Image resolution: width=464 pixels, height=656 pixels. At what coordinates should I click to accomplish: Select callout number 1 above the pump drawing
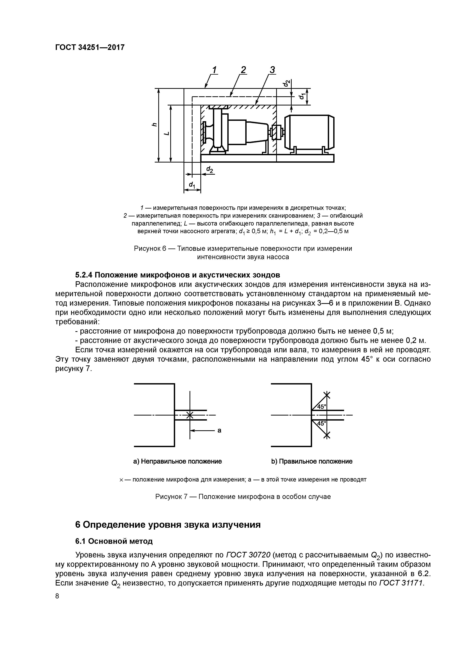pos(214,70)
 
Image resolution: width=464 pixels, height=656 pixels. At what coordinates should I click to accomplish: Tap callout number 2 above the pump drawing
pos(243,70)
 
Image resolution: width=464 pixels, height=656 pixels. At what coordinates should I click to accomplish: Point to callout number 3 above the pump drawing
pos(272,70)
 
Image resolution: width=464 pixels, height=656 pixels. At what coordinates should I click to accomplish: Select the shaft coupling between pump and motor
pos(276,133)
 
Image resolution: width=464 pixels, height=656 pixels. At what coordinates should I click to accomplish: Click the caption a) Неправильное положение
pos(178,462)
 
